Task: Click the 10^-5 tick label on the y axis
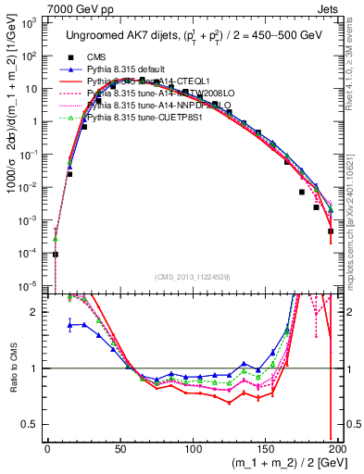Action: click(x=29, y=284)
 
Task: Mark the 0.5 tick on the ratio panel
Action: click(x=31, y=424)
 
